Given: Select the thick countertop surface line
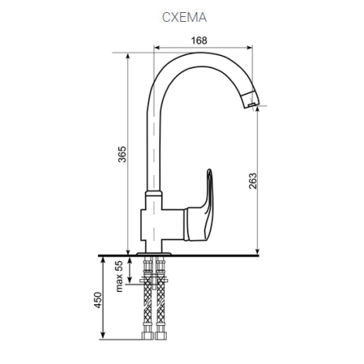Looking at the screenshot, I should coord(226,255).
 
